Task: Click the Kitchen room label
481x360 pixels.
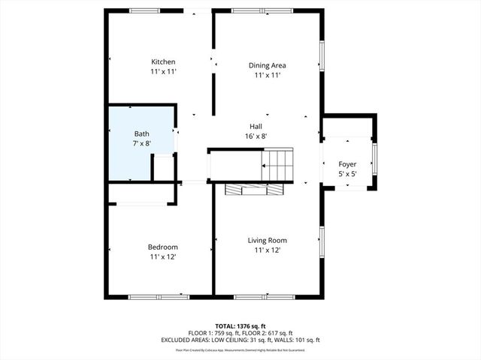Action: coord(163,61)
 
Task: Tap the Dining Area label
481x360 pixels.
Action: coord(268,65)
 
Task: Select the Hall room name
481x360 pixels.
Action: coord(256,126)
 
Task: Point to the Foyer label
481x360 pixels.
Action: coord(347,163)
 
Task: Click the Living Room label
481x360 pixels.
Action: coord(268,240)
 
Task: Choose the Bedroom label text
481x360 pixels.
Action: coord(162,247)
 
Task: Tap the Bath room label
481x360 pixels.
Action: coord(142,133)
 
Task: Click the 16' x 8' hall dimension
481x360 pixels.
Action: coord(256,136)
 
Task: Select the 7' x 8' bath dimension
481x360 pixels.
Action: coord(142,142)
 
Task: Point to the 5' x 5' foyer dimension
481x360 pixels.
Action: coord(347,173)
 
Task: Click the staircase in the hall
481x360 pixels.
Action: coord(275,165)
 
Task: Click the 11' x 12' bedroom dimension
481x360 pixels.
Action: coord(162,256)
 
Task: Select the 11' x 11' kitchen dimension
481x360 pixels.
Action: coord(163,71)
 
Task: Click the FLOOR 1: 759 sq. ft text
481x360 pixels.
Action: coord(214,333)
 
